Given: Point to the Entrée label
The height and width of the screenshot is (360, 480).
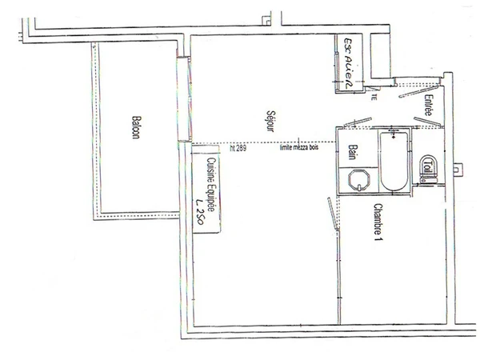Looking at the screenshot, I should [x=429, y=109].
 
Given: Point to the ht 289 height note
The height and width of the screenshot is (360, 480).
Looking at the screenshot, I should [x=238, y=148].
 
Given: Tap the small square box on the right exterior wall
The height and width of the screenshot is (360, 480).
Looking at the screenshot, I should [x=457, y=169].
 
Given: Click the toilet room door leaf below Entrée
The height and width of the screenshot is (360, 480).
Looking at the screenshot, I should [x=423, y=121].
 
